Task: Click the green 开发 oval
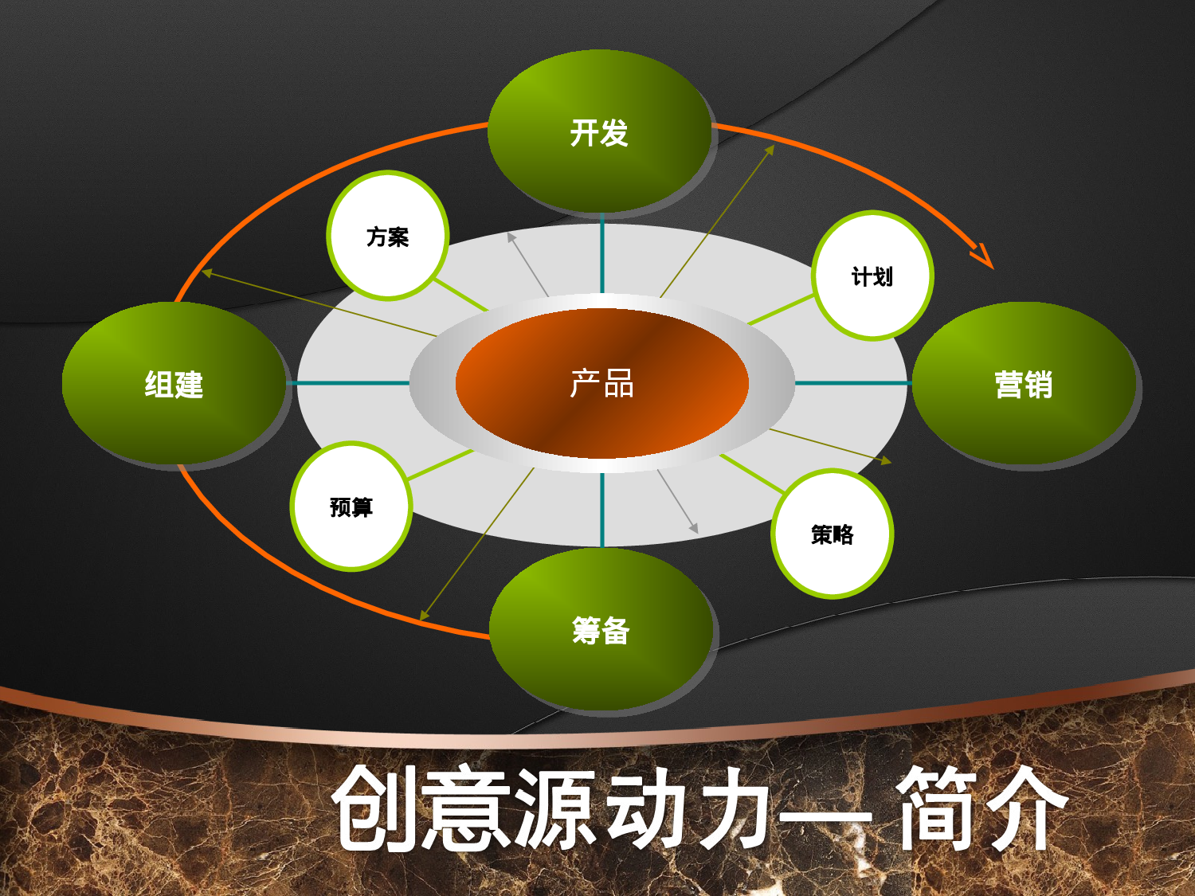pos(599,132)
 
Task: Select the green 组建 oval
pos(174,384)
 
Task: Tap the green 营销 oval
pos(1024,384)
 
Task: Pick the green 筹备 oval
pos(601,630)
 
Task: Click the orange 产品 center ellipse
pos(602,383)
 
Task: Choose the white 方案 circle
pos(388,237)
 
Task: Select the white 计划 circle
pos(872,276)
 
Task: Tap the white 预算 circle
pos(351,507)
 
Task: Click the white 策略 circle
pos(833,534)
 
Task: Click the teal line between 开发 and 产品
pos(602,253)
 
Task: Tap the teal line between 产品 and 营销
pos(852,383)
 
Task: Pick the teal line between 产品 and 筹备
pos(602,510)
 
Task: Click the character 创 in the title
pos(374,808)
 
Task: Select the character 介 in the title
pos(1024,808)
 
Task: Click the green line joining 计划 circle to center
pos(781,309)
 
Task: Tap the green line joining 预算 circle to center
pos(441,464)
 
